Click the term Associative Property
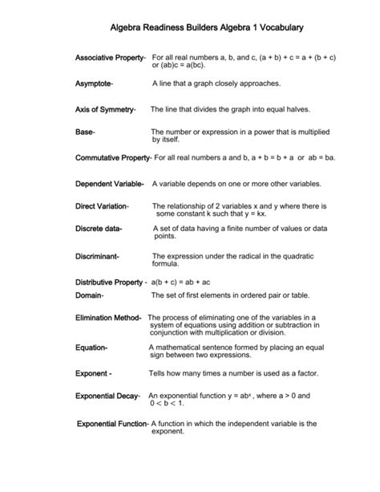click(x=109, y=58)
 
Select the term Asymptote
click(x=94, y=83)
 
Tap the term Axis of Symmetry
click(x=105, y=108)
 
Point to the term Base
click(x=85, y=132)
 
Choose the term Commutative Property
click(x=112, y=157)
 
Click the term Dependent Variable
click(x=109, y=184)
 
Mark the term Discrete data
click(x=99, y=230)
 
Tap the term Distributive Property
click(x=111, y=283)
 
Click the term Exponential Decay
click(x=107, y=396)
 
